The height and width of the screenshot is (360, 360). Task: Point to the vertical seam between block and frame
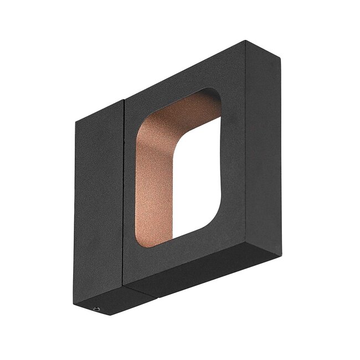pos(124,194)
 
